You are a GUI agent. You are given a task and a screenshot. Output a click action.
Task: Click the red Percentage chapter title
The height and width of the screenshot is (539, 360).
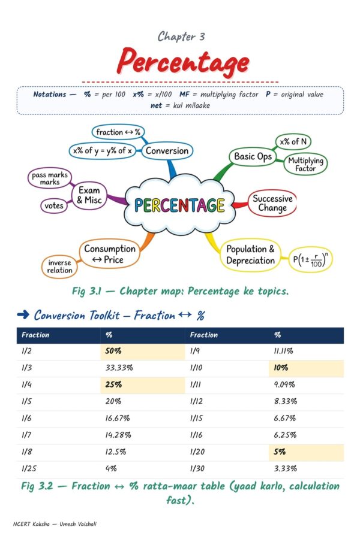[x=182, y=62]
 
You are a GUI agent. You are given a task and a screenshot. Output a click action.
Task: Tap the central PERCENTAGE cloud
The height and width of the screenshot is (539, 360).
[x=179, y=205]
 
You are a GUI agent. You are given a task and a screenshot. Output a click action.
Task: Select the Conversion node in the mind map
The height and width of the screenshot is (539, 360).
[x=167, y=150]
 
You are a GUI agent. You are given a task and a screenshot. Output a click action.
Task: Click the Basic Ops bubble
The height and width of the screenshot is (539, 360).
[x=253, y=157]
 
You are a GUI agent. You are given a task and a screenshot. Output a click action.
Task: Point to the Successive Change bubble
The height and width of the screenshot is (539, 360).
[x=272, y=203]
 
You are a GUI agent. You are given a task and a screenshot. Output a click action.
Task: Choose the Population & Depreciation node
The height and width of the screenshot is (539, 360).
[x=250, y=255]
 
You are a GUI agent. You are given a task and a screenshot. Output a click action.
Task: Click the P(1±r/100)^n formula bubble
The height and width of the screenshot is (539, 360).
[x=310, y=259]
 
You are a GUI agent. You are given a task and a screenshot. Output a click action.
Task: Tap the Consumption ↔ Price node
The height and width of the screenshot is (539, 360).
[x=110, y=254]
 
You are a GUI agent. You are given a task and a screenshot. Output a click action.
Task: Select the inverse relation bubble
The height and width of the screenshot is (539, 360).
[x=59, y=267]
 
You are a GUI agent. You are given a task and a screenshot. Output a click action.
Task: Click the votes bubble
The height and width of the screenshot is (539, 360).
[x=54, y=205]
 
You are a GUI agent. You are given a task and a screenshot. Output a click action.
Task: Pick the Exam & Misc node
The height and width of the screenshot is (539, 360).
[x=89, y=195]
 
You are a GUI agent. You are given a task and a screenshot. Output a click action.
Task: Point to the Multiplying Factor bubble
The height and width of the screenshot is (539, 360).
[x=305, y=164]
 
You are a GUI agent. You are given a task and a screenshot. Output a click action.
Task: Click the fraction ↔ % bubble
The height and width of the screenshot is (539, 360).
[x=118, y=132]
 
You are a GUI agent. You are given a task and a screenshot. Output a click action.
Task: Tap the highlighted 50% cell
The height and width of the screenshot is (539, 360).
[x=143, y=352]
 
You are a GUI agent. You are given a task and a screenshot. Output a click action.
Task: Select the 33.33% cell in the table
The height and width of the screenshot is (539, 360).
[x=119, y=368]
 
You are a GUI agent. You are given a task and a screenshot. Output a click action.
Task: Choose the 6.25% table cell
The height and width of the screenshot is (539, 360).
[x=285, y=435]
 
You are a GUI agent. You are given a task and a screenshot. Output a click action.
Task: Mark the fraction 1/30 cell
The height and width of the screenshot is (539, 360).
[x=197, y=468]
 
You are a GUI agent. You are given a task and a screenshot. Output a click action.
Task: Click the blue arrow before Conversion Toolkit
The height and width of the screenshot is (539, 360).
[x=23, y=314]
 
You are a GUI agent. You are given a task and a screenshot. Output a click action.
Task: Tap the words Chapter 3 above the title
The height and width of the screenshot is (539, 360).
[x=181, y=37]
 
